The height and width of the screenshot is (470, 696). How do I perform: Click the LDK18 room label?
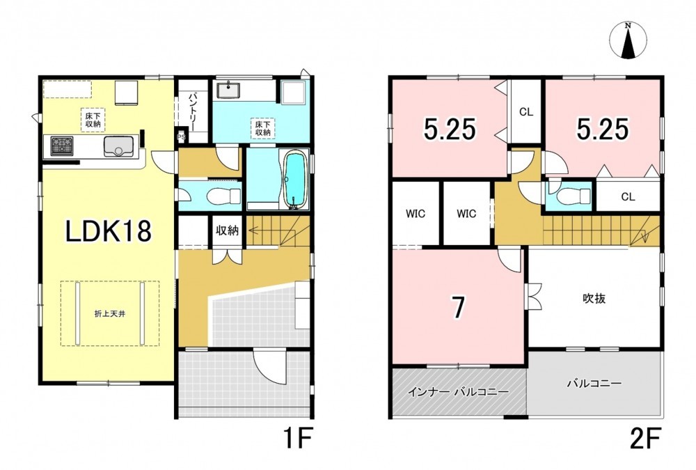tap(109, 231)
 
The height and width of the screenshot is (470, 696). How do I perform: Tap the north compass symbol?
tap(628, 40)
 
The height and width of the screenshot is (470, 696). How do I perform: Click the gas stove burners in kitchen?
tap(62, 146)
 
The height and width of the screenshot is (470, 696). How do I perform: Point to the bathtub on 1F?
tap(293, 178)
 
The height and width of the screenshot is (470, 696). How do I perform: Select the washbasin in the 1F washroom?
tap(229, 91)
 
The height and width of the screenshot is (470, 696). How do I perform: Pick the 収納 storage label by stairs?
tap(227, 230)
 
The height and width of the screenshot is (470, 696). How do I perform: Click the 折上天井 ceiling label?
tap(110, 313)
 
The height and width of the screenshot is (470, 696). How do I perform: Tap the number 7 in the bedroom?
tap(459, 307)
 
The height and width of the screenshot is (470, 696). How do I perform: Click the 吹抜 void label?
tap(594, 299)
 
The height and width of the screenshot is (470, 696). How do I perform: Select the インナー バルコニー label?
tap(459, 392)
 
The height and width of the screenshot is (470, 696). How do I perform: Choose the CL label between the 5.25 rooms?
tap(526, 112)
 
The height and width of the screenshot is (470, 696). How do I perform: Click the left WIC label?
tap(416, 214)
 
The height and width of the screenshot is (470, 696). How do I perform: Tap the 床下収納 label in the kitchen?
tap(93, 120)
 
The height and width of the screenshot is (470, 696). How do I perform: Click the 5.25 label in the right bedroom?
tap(603, 130)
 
